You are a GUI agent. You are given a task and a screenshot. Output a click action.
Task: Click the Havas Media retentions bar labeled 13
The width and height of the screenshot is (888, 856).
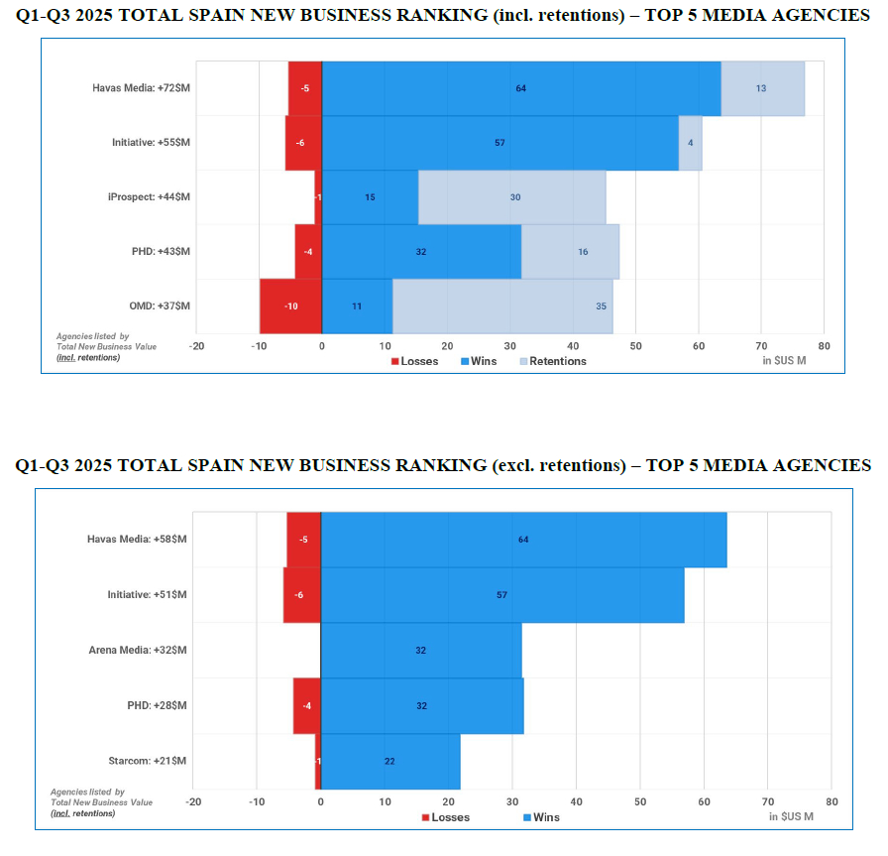tap(762, 88)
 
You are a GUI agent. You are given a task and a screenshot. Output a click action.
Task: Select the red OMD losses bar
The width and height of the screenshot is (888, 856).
tap(290, 306)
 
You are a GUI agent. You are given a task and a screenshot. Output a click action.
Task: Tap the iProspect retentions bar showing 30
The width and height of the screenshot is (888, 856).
tap(512, 197)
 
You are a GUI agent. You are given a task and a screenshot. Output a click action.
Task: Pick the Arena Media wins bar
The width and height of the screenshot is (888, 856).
tap(421, 651)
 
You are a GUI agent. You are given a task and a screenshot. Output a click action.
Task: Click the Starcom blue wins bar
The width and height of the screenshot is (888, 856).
tap(390, 762)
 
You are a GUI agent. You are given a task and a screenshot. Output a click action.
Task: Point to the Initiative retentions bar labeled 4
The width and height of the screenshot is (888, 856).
tap(690, 143)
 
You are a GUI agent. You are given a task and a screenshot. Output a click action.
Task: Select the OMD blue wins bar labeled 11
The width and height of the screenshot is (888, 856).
tap(357, 306)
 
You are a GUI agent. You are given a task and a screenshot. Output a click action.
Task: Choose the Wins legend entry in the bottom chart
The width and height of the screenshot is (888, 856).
tap(540, 817)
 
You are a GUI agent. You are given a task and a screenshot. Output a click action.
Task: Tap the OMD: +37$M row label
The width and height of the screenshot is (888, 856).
tap(159, 306)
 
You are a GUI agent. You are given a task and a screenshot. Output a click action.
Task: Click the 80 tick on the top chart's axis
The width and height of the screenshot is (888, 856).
tap(824, 346)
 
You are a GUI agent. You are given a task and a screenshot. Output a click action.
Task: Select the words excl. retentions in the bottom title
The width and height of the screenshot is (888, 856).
tap(556, 465)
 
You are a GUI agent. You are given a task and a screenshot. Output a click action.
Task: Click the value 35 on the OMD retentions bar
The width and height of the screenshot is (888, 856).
tap(602, 306)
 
